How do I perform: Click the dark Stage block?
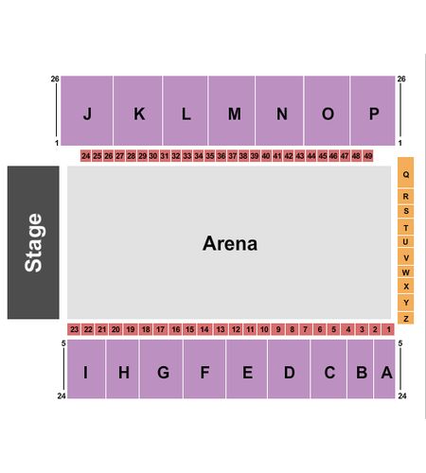[x=33, y=242]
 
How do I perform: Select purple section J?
[x=87, y=111]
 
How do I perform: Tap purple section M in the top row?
[x=232, y=111]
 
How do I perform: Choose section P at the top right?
[x=373, y=111]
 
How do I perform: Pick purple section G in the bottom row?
[x=161, y=369]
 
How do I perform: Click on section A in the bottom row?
[x=384, y=369]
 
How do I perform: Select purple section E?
[x=246, y=369]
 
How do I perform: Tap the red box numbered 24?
[x=86, y=156]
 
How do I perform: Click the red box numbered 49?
[x=368, y=156]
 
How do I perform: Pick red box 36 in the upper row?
[x=222, y=156]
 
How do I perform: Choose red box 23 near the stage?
[x=74, y=329]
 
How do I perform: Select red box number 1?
[x=388, y=329]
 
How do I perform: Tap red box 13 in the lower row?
[x=221, y=329]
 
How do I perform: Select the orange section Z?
[x=406, y=318]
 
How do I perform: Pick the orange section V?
[x=406, y=257]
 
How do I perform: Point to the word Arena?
[x=230, y=243]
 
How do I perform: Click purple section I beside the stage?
[x=86, y=369]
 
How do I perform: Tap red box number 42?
[x=289, y=156]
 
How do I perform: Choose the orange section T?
[x=406, y=227]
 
